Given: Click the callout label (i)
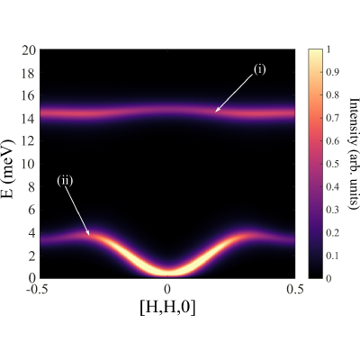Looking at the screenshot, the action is tap(259, 70).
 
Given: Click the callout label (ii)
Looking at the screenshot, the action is tap(65, 181).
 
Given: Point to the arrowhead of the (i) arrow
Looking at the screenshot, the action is tap(216, 112).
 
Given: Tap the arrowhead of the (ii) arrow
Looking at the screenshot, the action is tap(89, 234).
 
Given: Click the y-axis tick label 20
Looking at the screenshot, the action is tap(29, 49).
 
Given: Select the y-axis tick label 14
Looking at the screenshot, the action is tap(29, 119).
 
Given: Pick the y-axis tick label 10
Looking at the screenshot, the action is tap(29, 164).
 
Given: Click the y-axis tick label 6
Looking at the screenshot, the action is tap(32, 210).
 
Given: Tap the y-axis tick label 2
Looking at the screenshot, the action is tap(32, 256).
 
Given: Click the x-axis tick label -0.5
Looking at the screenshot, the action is tap(37, 289).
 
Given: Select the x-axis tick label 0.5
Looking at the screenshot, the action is tap(294, 289).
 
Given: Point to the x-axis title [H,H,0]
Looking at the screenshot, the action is tap(167, 308).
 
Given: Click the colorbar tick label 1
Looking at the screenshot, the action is tap(328, 49).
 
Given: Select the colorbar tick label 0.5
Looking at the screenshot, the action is tap(332, 164).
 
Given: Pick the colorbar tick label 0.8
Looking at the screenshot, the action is tap(332, 95).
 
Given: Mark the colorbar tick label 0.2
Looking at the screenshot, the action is tap(332, 232).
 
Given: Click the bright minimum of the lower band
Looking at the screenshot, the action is tap(167, 271).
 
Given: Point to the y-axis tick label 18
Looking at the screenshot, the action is tap(29, 73).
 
